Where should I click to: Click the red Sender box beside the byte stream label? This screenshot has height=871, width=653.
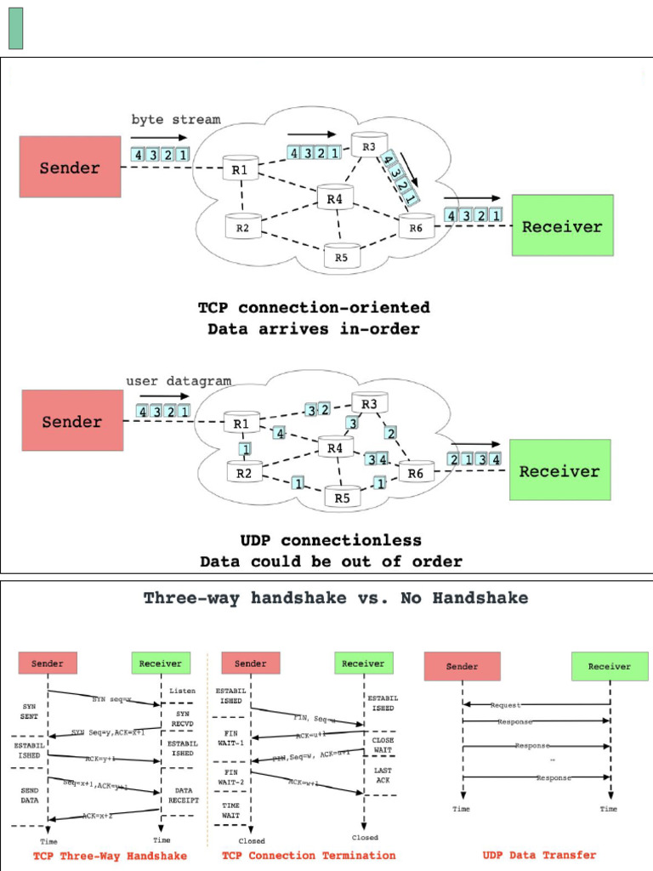click(70, 167)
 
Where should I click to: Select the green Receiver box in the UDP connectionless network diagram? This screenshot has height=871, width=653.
click(559, 470)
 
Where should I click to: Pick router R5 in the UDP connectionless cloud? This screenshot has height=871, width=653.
click(342, 498)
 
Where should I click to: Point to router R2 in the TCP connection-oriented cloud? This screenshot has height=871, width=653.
click(242, 227)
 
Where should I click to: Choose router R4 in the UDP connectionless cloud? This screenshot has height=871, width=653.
click(335, 447)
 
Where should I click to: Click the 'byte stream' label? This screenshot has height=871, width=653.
click(175, 120)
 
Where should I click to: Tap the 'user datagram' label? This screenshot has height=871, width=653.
click(179, 381)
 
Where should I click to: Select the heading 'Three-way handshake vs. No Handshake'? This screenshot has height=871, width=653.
click(335, 598)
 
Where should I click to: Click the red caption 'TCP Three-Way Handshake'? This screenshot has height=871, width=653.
click(110, 855)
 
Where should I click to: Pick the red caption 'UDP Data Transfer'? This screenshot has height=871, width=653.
click(539, 855)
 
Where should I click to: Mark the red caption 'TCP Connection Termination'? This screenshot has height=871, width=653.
click(309, 855)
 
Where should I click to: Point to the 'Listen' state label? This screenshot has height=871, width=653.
click(182, 691)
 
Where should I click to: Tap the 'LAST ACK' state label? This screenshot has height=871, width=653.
click(382, 775)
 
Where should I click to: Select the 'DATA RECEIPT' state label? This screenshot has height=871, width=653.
click(183, 795)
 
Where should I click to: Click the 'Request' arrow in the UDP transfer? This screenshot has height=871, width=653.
click(505, 705)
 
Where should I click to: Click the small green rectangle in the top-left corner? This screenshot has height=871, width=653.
click(15, 28)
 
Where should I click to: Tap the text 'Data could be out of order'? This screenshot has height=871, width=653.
click(331, 561)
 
